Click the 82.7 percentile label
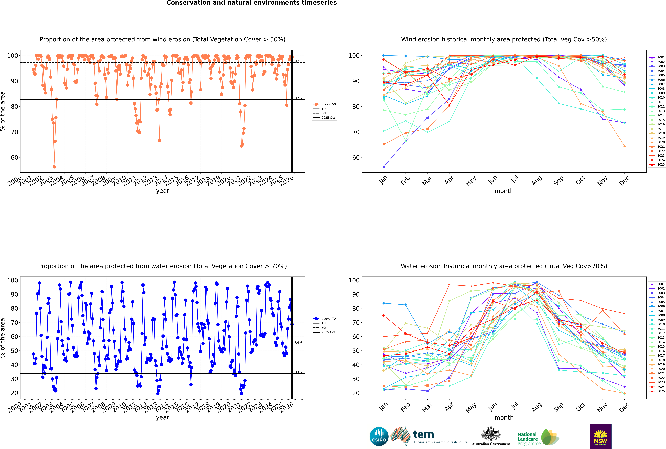click(298, 98)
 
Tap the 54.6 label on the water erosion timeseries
click(298, 343)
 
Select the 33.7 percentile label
click(298, 372)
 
